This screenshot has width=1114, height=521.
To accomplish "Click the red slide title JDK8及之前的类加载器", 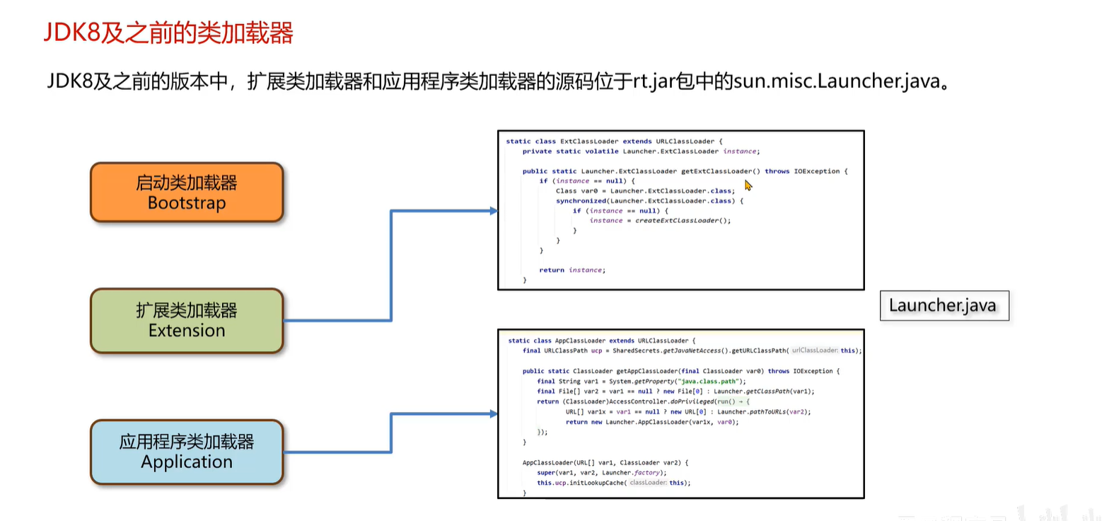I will click(168, 33).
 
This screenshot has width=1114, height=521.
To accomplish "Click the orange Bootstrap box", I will click(187, 193).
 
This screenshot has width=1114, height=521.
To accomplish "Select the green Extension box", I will click(187, 321).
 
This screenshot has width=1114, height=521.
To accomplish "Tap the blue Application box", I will click(187, 452).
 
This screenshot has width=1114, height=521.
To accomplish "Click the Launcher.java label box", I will click(944, 306).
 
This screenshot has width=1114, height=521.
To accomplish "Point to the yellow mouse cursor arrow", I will click(748, 185).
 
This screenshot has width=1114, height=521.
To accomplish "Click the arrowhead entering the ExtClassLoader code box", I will click(494, 211).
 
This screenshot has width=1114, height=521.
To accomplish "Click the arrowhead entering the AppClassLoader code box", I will click(494, 414).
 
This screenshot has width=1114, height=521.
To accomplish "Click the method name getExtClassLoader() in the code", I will click(720, 171).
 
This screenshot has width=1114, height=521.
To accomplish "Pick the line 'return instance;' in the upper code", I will click(571, 270).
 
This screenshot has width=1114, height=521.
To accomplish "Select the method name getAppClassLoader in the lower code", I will click(647, 372).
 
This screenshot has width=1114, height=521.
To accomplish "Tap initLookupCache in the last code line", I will click(596, 483).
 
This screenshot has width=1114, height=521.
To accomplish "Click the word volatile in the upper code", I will click(602, 151).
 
